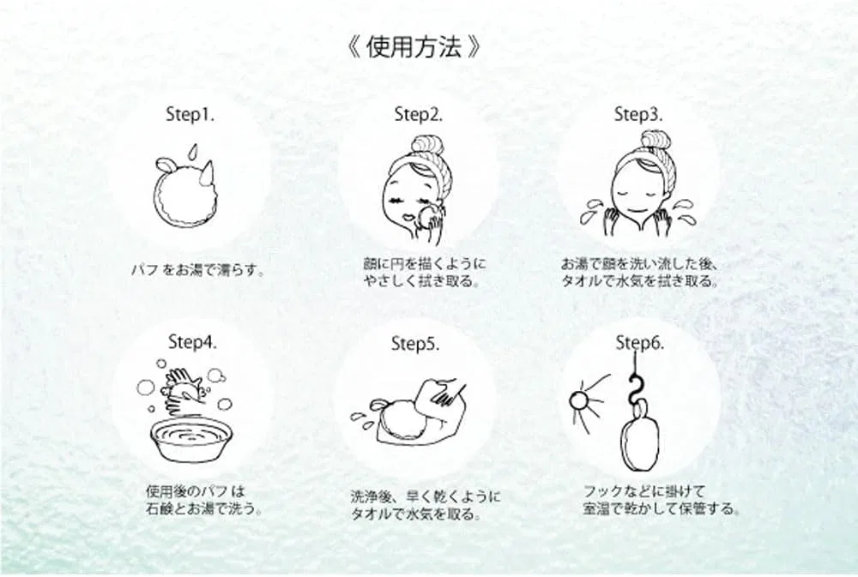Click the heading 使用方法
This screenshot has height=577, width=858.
click(x=414, y=48)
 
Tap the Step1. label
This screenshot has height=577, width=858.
click(x=190, y=116)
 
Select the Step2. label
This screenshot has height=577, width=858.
click(x=418, y=115)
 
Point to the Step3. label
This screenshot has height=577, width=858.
click(x=637, y=115)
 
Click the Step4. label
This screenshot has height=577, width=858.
click(x=192, y=343)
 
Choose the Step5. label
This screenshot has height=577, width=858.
click(x=414, y=344)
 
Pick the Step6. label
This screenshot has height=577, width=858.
click(x=640, y=343)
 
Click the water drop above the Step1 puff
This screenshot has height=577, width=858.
click(x=191, y=152)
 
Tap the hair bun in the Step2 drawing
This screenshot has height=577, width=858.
click(x=428, y=146)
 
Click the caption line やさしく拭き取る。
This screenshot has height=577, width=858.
click(x=422, y=282)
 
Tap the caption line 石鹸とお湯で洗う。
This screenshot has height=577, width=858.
click(x=204, y=508)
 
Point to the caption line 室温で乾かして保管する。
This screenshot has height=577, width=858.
click(x=662, y=509)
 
